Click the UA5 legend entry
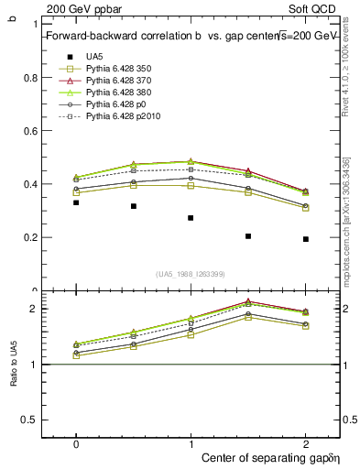(x=94, y=56)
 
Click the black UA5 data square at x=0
(x=76, y=202)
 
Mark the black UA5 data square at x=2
(x=306, y=239)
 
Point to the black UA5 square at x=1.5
(x=248, y=236)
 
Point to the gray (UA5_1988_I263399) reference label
(x=190, y=274)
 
